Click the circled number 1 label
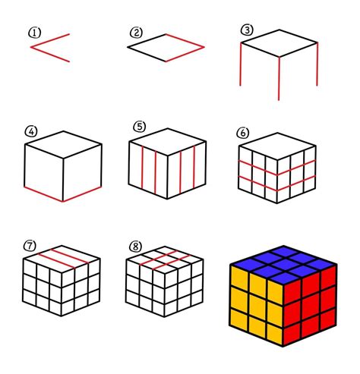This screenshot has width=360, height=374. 34,33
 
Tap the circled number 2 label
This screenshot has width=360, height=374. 136,33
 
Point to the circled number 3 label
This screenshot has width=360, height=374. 247,30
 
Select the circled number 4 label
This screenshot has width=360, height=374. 31,131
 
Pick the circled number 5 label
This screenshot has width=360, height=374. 140,127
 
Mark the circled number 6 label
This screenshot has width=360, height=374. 243,133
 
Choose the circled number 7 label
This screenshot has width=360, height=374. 30,246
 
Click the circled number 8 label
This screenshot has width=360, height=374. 135,247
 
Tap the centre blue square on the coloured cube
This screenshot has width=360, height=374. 283,265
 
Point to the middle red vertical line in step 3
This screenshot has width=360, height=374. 279,78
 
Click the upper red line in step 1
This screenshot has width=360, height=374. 50,40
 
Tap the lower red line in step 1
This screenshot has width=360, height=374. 50,54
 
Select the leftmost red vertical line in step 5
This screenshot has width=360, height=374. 143,168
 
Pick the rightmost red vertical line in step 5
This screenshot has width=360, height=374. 194,168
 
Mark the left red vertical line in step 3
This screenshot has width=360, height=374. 241,64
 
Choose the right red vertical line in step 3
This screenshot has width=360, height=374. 317,64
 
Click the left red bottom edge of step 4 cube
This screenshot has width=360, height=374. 43,194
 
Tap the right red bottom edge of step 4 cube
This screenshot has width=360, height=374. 82,194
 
